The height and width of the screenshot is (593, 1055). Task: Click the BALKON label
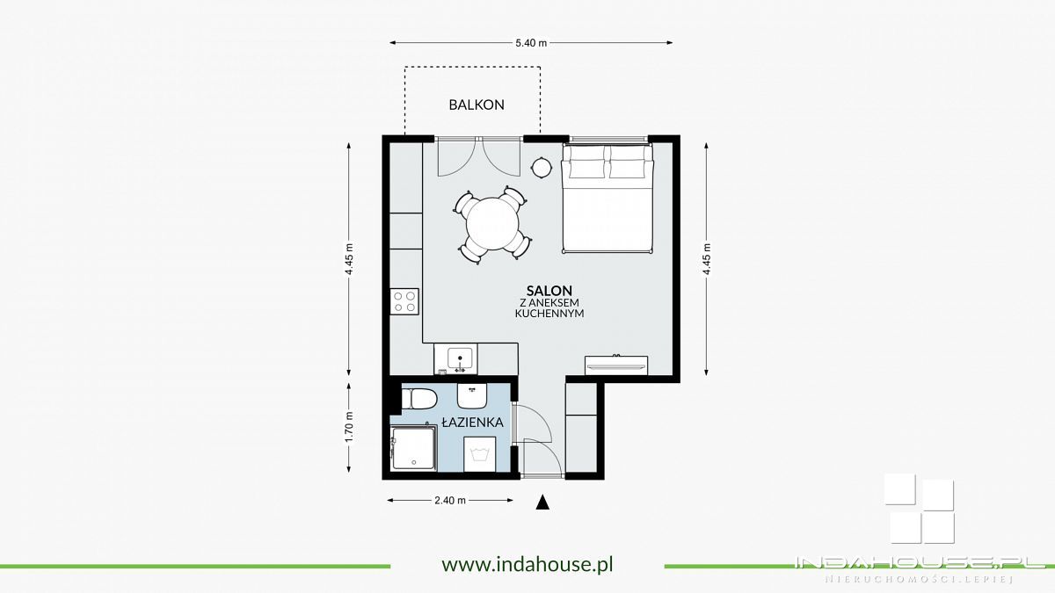click(x=477, y=105)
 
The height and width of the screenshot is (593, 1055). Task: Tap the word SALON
click(x=549, y=291)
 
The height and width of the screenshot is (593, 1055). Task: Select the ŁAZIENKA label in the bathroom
click(x=472, y=423)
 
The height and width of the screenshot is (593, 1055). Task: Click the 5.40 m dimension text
click(x=531, y=43)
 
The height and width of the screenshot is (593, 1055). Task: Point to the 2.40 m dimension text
click(x=450, y=500)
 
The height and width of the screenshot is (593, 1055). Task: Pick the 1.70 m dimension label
click(x=349, y=427)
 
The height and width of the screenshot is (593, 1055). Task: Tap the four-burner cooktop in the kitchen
click(x=404, y=301)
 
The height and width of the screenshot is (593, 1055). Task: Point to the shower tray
click(x=413, y=448)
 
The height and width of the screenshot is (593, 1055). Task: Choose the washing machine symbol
click(x=480, y=454)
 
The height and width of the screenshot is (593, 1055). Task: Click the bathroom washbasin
click(x=472, y=396)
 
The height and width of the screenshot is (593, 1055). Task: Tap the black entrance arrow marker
click(x=542, y=503)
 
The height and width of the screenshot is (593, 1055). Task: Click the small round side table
click(x=542, y=167)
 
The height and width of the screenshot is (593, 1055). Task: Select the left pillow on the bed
click(x=587, y=163)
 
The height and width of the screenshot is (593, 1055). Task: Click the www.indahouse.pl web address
click(x=527, y=564)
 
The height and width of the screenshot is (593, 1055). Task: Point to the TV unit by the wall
click(x=616, y=365)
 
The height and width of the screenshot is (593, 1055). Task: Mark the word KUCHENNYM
click(x=549, y=314)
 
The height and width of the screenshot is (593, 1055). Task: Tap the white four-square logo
click(x=920, y=509)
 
